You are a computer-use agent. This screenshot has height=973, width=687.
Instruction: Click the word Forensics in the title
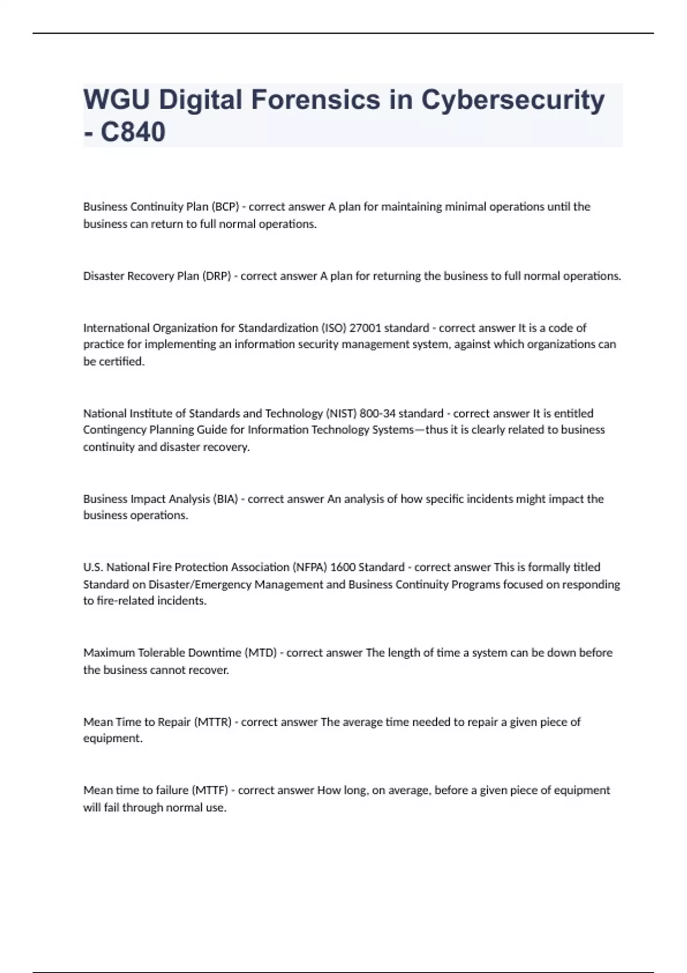click(315, 100)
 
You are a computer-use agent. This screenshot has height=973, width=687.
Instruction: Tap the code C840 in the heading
click(133, 132)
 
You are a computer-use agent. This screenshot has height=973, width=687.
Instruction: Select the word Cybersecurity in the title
click(513, 100)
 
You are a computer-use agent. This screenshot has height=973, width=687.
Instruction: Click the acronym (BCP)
click(225, 207)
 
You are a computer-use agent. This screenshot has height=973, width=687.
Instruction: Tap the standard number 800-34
click(377, 413)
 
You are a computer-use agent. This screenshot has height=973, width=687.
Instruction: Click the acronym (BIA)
click(225, 499)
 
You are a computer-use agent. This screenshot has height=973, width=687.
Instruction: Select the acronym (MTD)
click(260, 653)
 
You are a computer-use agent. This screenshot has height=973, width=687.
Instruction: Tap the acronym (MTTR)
click(213, 722)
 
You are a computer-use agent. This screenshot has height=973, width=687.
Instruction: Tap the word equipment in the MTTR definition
click(112, 738)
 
